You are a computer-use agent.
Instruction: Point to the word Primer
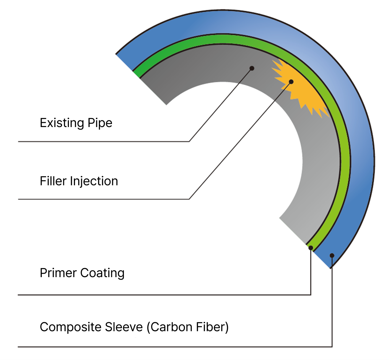tap(58, 273)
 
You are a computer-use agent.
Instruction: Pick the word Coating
tap(102, 273)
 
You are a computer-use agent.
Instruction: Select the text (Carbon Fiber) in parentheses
tap(188, 327)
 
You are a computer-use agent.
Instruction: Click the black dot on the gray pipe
tap(252, 68)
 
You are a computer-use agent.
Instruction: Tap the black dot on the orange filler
tap(291, 82)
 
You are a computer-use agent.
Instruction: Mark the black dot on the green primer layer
tap(311, 248)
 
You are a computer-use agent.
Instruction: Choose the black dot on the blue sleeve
tap(332, 255)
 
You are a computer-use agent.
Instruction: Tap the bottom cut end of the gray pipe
tap(293, 230)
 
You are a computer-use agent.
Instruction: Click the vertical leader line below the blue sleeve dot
tap(332, 304)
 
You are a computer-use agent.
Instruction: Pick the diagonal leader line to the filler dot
tap(240, 141)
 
